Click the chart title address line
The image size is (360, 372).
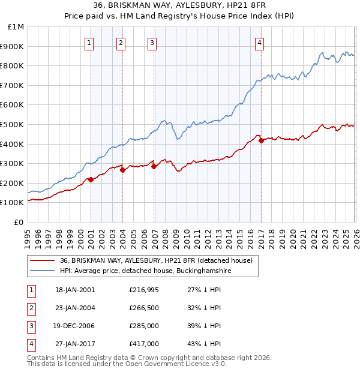pos(180,5)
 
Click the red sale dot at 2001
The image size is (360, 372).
pos(91,179)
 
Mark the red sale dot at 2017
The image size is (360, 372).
pos(261,140)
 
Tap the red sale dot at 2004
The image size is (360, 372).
pos(122,170)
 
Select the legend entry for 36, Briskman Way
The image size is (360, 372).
pos(156,261)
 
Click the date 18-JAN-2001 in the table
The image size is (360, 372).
pos(75,290)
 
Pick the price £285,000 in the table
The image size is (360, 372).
pos(144,326)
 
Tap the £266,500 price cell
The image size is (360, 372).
pos(144,308)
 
